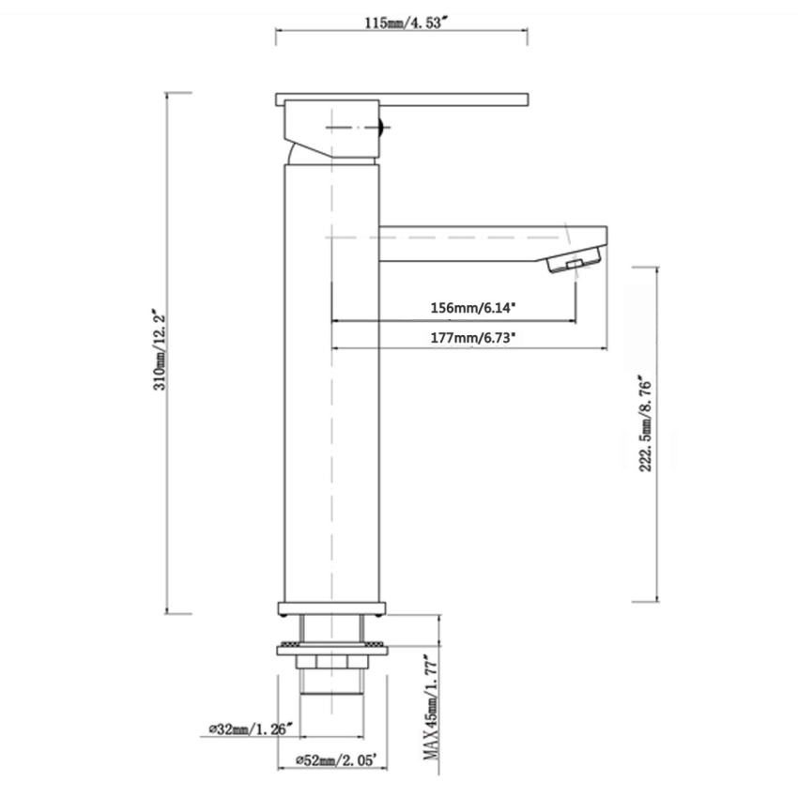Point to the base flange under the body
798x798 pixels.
[331, 607]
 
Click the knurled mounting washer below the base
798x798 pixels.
[331, 649]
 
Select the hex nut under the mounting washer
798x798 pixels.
[331, 663]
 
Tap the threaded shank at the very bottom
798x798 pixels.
[331, 680]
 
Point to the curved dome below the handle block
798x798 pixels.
[299, 152]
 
